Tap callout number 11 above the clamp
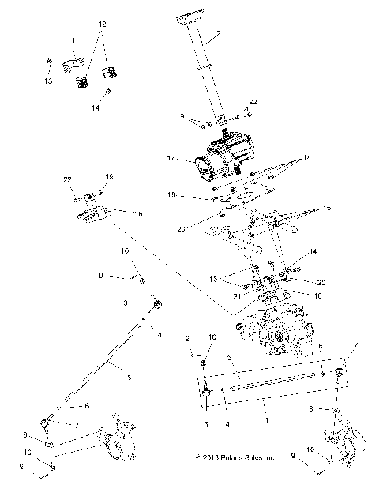(x=71, y=39)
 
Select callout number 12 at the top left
(x=100, y=25)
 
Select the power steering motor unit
(x=220, y=161)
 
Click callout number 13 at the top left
(x=47, y=81)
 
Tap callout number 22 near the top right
(x=253, y=102)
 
